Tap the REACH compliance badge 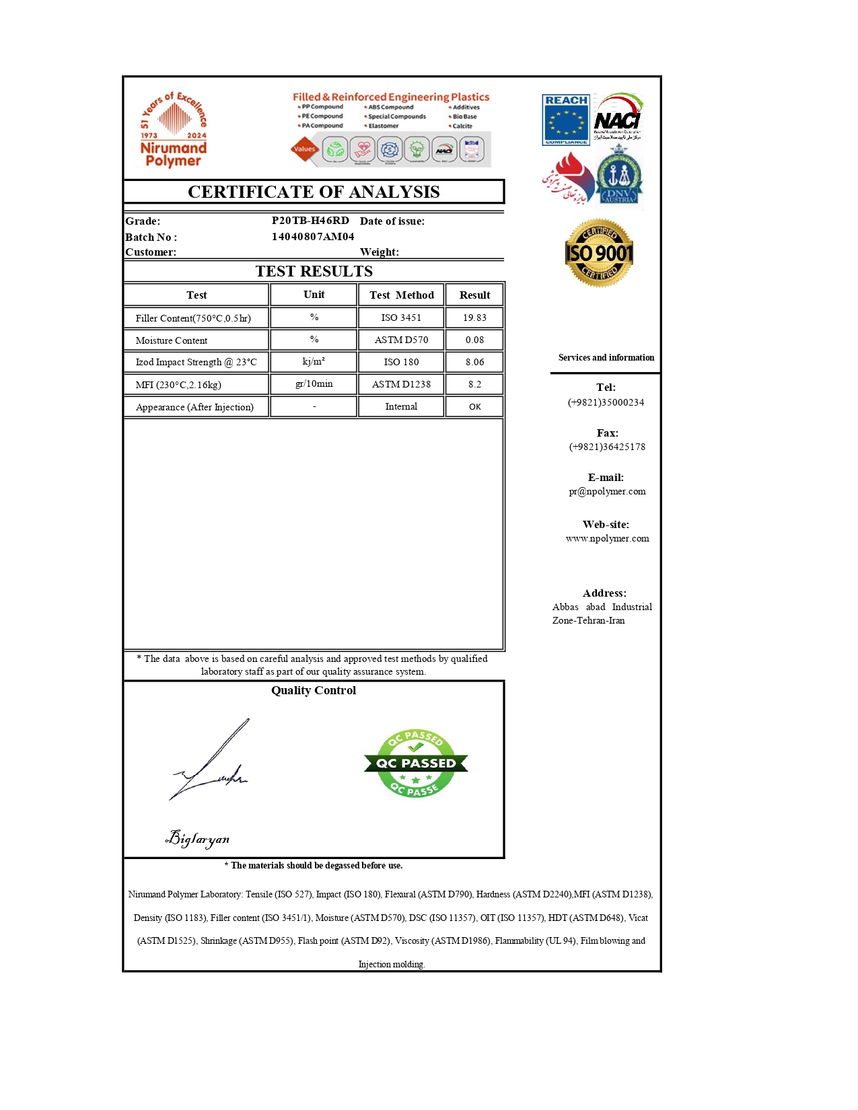pyautogui.click(x=566, y=120)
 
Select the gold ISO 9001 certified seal pyautogui.click(x=599, y=253)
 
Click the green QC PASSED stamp pyautogui.click(x=415, y=764)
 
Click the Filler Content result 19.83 pyautogui.click(x=474, y=318)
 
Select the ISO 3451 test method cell pyautogui.click(x=401, y=318)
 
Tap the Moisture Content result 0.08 pyautogui.click(x=474, y=340)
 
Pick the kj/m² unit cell pyautogui.click(x=314, y=361)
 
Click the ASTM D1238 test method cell pyautogui.click(x=401, y=384)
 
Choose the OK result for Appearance pyautogui.click(x=474, y=406)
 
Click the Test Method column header pyautogui.click(x=401, y=295)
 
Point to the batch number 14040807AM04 pyautogui.click(x=313, y=236)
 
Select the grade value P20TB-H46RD pyautogui.click(x=310, y=220)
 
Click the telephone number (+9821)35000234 pyautogui.click(x=606, y=402)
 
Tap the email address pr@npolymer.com pyautogui.click(x=607, y=491)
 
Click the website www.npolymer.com pyautogui.click(x=607, y=538)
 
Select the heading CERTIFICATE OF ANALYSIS pyautogui.click(x=314, y=192)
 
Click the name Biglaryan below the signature pyautogui.click(x=198, y=838)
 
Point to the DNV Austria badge pyautogui.click(x=619, y=176)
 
